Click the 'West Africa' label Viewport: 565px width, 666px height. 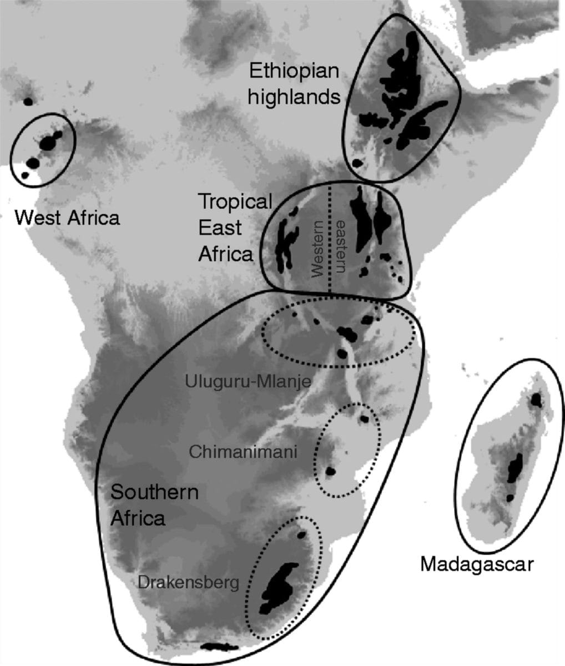click(x=67, y=217)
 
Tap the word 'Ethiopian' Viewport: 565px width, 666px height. click(x=294, y=72)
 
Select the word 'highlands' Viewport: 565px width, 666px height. click(x=294, y=97)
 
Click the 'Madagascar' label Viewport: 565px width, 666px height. click(x=476, y=564)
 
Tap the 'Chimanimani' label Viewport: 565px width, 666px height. click(x=243, y=451)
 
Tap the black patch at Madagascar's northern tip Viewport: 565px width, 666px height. click(x=536, y=400)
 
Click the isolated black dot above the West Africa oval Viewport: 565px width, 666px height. click(x=28, y=101)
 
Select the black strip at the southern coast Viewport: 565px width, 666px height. click(x=219, y=647)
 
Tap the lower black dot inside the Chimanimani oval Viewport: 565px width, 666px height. click(x=331, y=472)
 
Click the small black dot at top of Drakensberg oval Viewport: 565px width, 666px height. click(x=301, y=535)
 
